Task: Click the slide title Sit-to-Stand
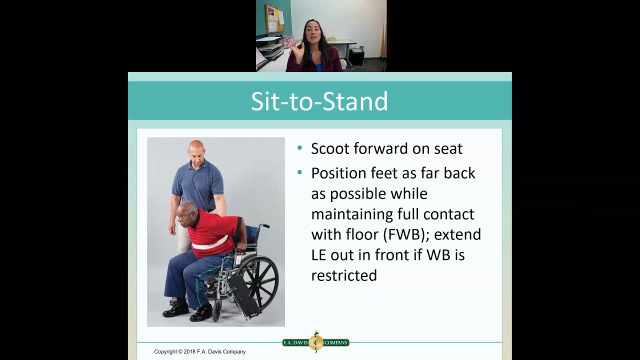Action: pyautogui.click(x=319, y=101)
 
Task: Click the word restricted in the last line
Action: pyautogui.click(x=344, y=275)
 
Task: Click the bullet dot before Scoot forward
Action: pyautogui.click(x=299, y=148)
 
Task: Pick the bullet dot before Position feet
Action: pyautogui.click(x=299, y=173)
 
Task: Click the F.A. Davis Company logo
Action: pyautogui.click(x=315, y=342)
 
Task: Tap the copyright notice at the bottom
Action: pyautogui.click(x=199, y=351)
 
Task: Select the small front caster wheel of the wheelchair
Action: pyautogui.click(x=217, y=310)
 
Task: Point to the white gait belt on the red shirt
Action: pyautogui.click(x=210, y=244)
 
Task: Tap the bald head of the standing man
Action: pyautogui.click(x=196, y=148)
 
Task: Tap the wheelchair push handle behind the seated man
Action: pyautogui.click(x=263, y=226)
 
